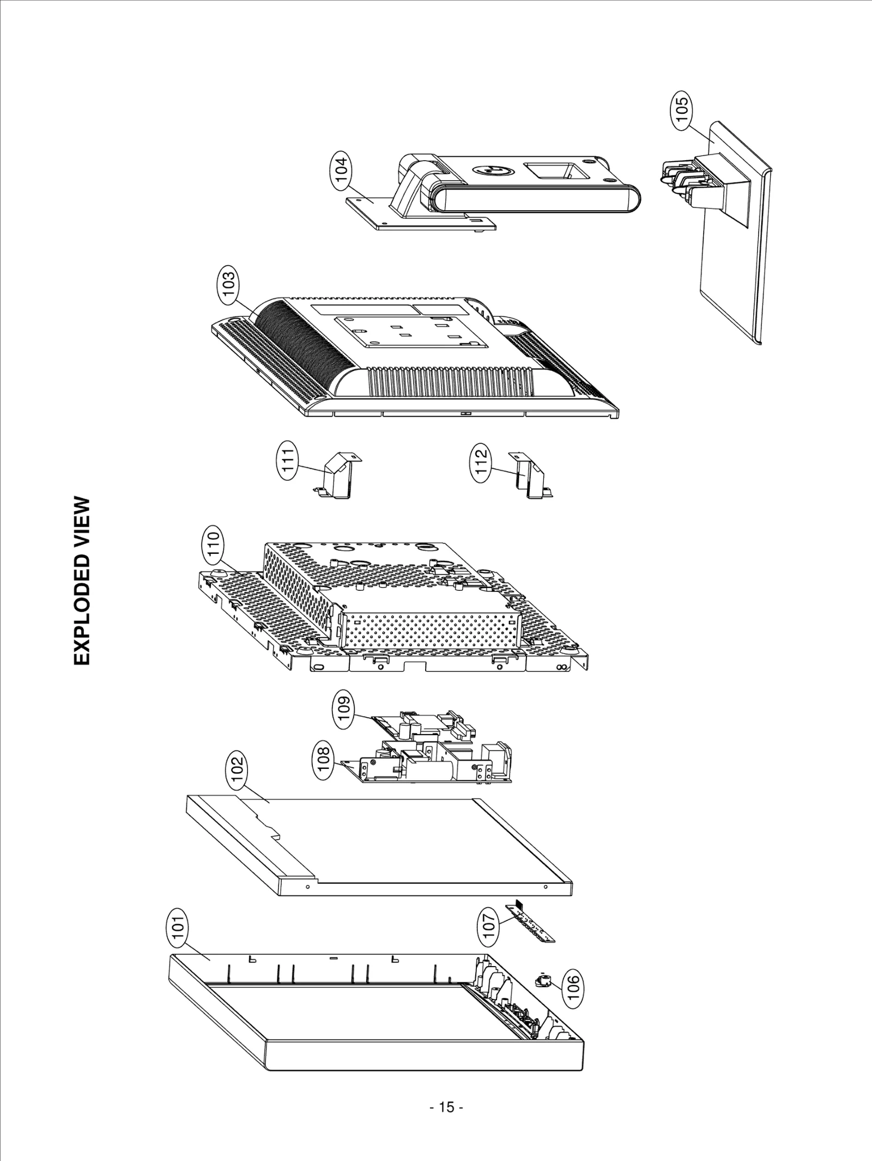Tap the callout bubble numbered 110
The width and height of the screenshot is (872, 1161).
213,543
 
